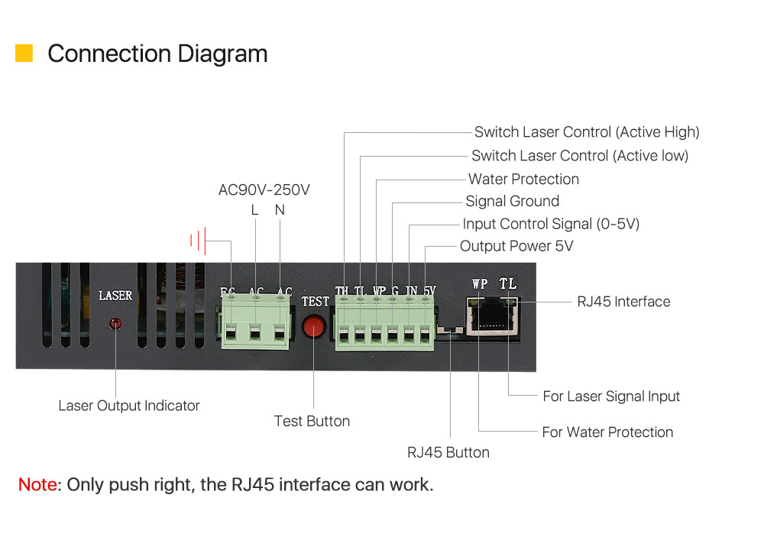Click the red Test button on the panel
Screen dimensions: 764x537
click(x=314, y=325)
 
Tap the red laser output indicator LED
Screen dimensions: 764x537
click(x=115, y=323)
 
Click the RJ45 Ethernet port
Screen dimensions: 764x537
click(x=491, y=316)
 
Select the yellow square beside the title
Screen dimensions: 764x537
click(x=24, y=53)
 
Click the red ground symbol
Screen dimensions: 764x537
click(x=198, y=240)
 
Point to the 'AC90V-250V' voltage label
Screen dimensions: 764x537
click(x=264, y=189)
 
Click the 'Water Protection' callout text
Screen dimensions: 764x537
click(x=523, y=179)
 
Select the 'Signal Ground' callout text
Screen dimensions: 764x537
click(x=512, y=201)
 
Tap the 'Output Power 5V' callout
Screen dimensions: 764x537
click(x=516, y=246)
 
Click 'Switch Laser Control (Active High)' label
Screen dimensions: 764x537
click(x=587, y=132)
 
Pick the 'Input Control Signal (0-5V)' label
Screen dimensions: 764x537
click(x=551, y=224)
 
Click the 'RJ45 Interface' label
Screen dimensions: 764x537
click(x=623, y=302)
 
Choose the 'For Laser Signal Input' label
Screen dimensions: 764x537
click(x=611, y=396)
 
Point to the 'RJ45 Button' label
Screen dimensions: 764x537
click(x=448, y=452)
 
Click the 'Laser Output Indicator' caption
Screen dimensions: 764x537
click(x=128, y=406)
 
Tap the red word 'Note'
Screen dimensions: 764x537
click(x=37, y=484)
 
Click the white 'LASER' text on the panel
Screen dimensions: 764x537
click(x=115, y=296)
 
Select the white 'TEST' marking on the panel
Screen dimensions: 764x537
click(x=316, y=302)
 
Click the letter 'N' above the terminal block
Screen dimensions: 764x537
click(x=280, y=210)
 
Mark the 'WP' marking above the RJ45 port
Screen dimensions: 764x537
click(x=480, y=283)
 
